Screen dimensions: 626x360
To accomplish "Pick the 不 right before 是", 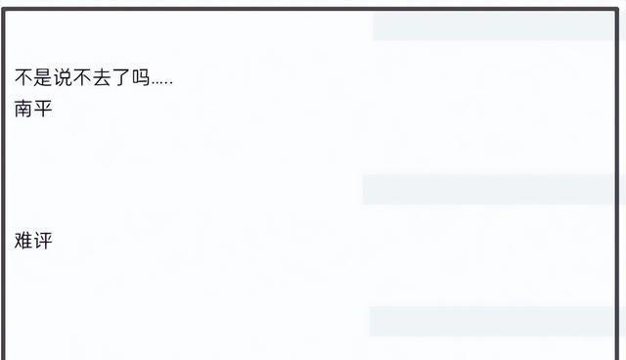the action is click(23, 78).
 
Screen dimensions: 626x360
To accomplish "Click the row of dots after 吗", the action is click(161, 82).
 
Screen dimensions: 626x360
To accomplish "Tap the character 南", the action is click(23, 108).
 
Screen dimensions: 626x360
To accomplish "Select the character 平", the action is click(43, 108).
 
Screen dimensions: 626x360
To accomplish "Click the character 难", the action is click(23, 241).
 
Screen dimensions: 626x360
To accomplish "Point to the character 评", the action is click(43, 241).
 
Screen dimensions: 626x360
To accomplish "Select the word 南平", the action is click(33, 108).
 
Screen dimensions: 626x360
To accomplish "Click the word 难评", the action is click(33, 241).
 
